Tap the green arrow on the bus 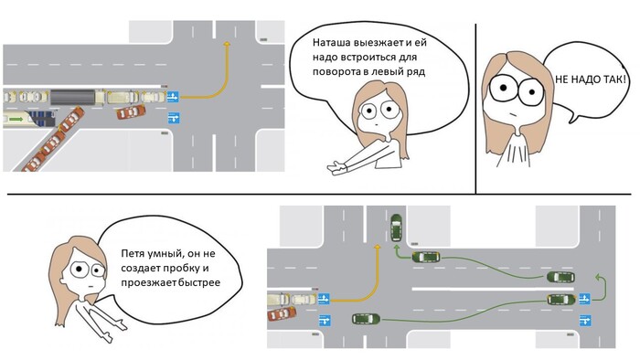(16, 119)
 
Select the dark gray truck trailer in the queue (72, 97)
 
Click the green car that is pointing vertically (396, 228)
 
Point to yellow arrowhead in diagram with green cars (378, 247)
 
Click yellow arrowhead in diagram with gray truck (227, 43)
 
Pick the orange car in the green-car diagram (282, 313)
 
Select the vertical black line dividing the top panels (476, 109)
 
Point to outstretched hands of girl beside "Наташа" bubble (337, 167)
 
